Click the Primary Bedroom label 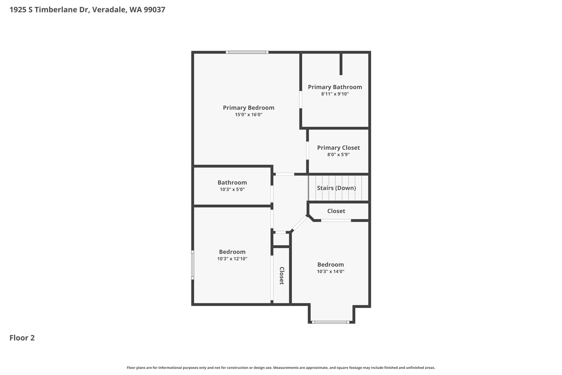pos(248,108)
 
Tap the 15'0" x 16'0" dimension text pos(249,115)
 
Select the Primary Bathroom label pos(335,87)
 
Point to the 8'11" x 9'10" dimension pos(335,94)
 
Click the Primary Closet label pos(338,148)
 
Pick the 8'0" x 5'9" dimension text pos(338,155)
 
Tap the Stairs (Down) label pos(336,188)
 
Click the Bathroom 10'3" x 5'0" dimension pos(232,190)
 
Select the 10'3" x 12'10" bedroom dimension pos(232,259)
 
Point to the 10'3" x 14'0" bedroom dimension pos(330,271)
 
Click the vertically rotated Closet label pos(282,276)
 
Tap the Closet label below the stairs pos(336,211)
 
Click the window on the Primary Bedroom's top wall pos(247,52)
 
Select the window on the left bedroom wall pos(193,265)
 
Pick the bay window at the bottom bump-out pos(331,322)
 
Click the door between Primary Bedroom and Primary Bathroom pos(301,100)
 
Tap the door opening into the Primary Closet pos(307,151)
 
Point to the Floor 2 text pos(22,338)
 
